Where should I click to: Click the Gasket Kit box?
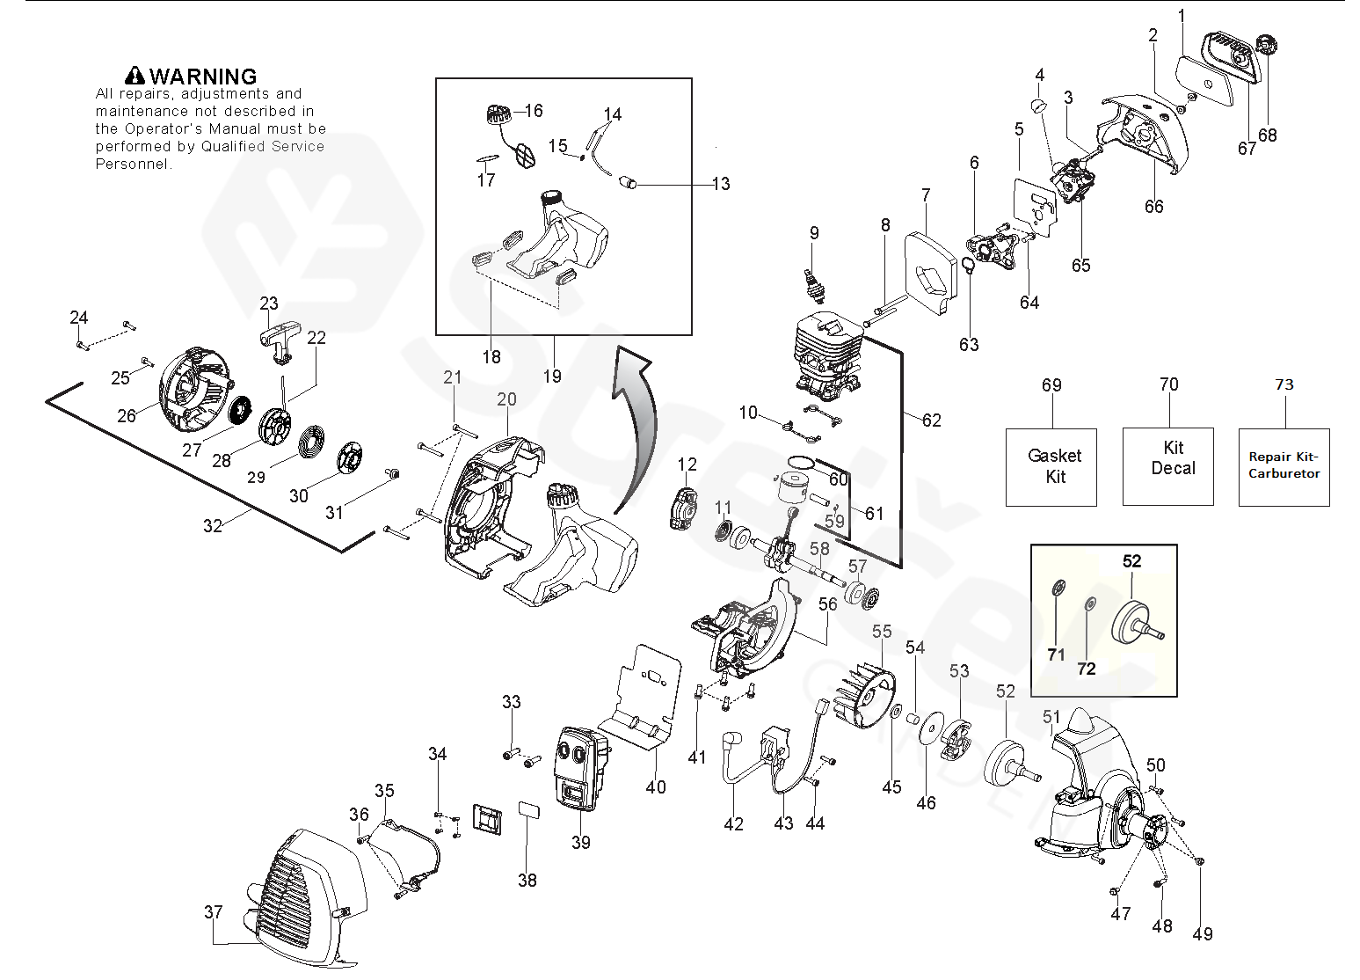[1051, 467]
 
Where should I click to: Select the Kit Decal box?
[1167, 467]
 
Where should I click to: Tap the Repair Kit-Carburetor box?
[1284, 467]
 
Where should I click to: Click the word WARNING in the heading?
[203, 77]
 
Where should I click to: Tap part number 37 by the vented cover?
[214, 912]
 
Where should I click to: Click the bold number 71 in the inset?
[1056, 655]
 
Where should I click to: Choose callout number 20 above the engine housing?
[506, 399]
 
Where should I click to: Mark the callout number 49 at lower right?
[1202, 934]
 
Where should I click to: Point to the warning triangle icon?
[135, 77]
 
